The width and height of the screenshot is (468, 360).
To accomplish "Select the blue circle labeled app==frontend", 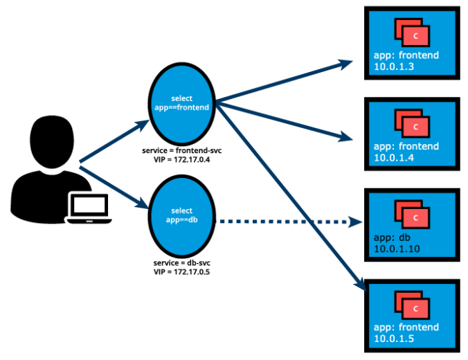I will pos(182,103).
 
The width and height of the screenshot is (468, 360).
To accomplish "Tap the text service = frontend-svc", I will pos(182,150).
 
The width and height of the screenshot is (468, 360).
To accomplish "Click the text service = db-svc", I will pos(182,264).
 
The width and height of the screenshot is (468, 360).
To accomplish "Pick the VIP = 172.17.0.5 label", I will pos(182,272).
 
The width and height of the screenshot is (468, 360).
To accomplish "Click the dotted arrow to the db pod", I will pos(291,222).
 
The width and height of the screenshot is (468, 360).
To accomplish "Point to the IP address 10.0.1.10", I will pos(397,249).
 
